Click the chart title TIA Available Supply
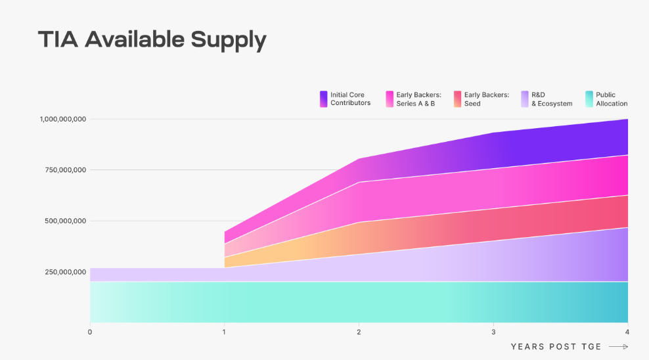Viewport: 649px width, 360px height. pyautogui.click(x=152, y=40)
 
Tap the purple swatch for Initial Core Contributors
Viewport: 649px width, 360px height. pyautogui.click(x=323, y=99)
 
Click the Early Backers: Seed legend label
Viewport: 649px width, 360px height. pyautogui.click(x=486, y=99)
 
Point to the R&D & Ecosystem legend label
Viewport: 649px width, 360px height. pyautogui.click(x=552, y=99)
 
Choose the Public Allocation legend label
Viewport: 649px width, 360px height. pyautogui.click(x=612, y=99)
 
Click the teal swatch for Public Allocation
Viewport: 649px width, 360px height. pyautogui.click(x=589, y=99)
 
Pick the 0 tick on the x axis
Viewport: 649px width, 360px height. pyautogui.click(x=90, y=332)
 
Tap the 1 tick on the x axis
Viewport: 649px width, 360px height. pyautogui.click(x=224, y=332)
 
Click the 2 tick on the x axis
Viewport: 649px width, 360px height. pyautogui.click(x=359, y=332)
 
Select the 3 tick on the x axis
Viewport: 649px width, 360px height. pyautogui.click(x=493, y=332)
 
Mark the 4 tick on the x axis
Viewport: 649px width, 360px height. pyautogui.click(x=627, y=332)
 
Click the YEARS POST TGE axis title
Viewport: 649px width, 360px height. pyautogui.click(x=556, y=347)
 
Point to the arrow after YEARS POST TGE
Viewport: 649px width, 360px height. pyautogui.click(x=618, y=347)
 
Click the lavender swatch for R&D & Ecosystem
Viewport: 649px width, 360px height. pyautogui.click(x=524, y=99)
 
